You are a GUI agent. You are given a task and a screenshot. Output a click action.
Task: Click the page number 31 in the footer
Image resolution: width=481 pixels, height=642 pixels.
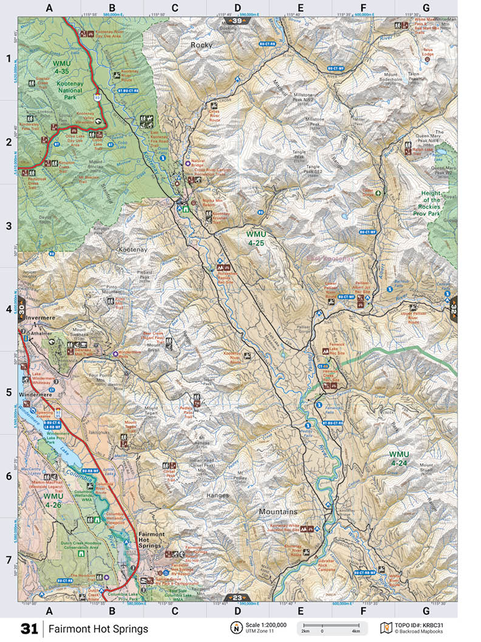[29, 629]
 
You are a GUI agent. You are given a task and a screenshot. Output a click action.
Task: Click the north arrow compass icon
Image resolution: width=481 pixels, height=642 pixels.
[234, 627]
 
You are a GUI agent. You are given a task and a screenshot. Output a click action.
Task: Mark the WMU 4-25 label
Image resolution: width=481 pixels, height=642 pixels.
[260, 238]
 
